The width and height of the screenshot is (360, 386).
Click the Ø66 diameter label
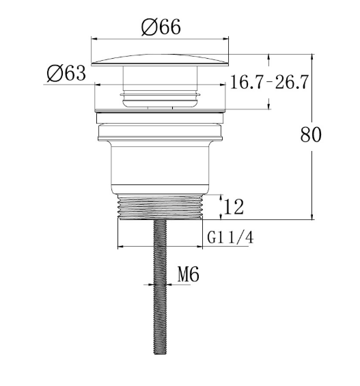[x=161, y=27]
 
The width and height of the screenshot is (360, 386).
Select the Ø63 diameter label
[x=66, y=73]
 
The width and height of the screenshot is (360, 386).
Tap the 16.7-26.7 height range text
[x=269, y=82]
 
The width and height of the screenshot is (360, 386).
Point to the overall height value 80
[x=311, y=135]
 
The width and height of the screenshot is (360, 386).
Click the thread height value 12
[x=234, y=207]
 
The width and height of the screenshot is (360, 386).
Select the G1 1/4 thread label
[x=230, y=238]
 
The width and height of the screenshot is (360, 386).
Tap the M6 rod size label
[x=189, y=275]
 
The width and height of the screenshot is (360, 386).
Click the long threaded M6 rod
[x=160, y=287]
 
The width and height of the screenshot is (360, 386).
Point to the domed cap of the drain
[x=160, y=60]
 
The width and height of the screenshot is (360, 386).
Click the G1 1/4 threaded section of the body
[x=160, y=206]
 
